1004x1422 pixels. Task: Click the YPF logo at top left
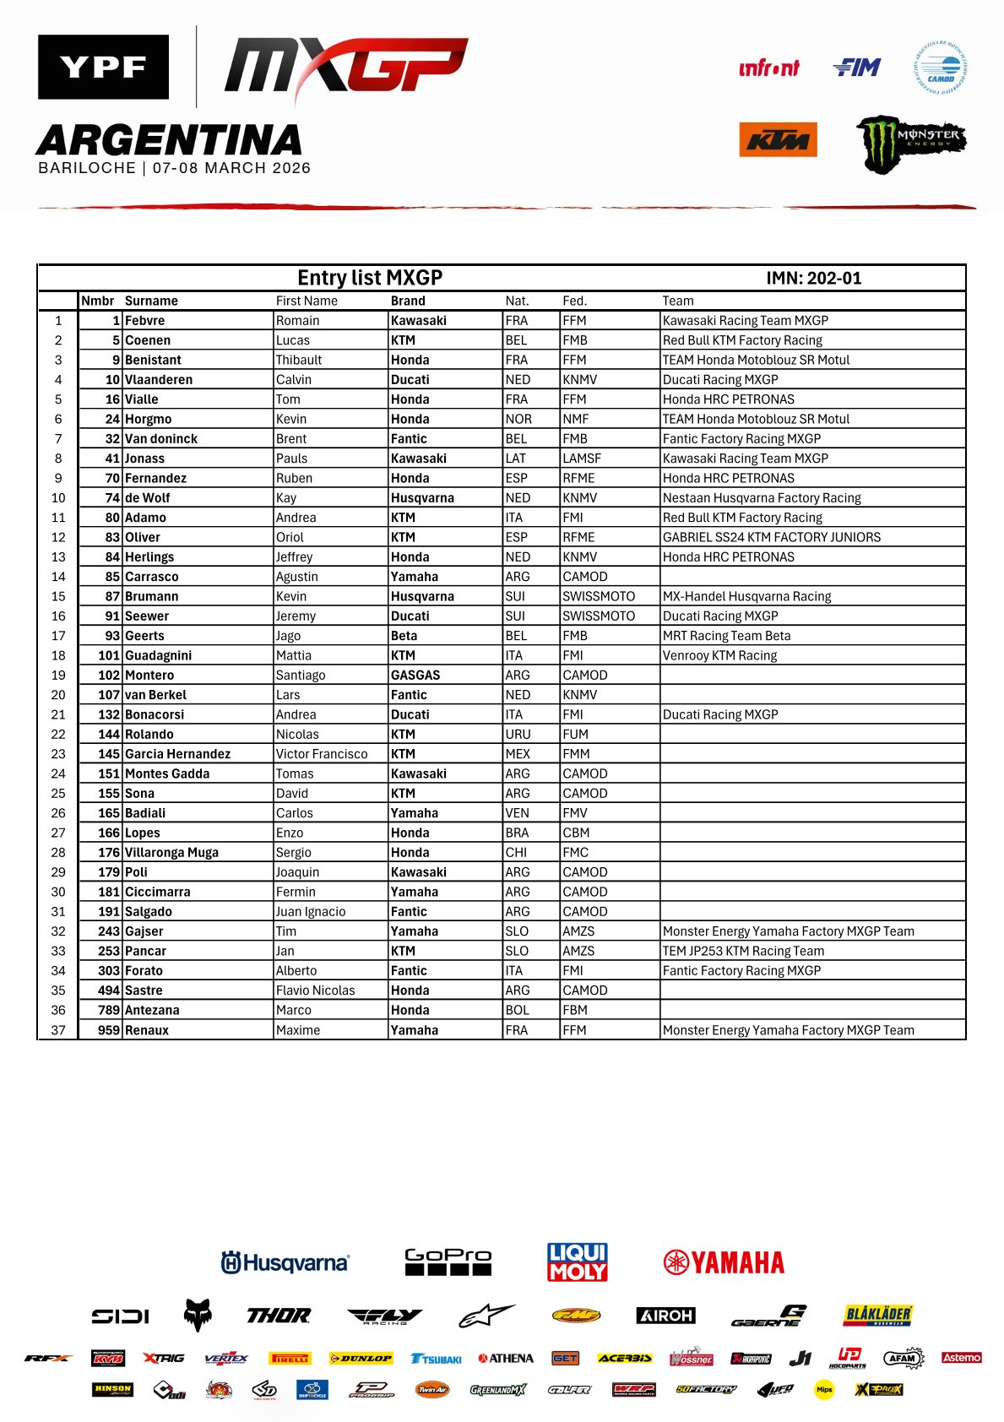point(103,67)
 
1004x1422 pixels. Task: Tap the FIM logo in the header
point(856,68)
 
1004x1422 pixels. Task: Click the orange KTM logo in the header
point(778,139)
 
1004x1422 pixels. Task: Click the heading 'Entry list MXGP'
point(370,278)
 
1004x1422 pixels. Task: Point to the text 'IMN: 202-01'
point(813,279)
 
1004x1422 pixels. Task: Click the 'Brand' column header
point(408,301)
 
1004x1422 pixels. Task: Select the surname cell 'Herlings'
point(149,557)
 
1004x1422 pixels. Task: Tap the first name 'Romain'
point(297,321)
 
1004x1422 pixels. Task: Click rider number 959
point(109,1030)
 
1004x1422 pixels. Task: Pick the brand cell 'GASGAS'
point(415,676)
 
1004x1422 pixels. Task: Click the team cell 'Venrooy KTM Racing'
point(719,655)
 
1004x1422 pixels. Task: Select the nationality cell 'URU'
point(517,735)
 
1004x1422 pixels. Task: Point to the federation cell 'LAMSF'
point(582,459)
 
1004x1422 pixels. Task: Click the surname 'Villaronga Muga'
point(171,853)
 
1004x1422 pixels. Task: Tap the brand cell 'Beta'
point(404,636)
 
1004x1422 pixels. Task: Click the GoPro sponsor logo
point(448,1262)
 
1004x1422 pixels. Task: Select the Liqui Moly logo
point(578,1262)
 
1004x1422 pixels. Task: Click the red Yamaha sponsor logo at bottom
point(724,1262)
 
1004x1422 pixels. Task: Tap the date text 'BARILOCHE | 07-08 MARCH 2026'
point(174,168)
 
